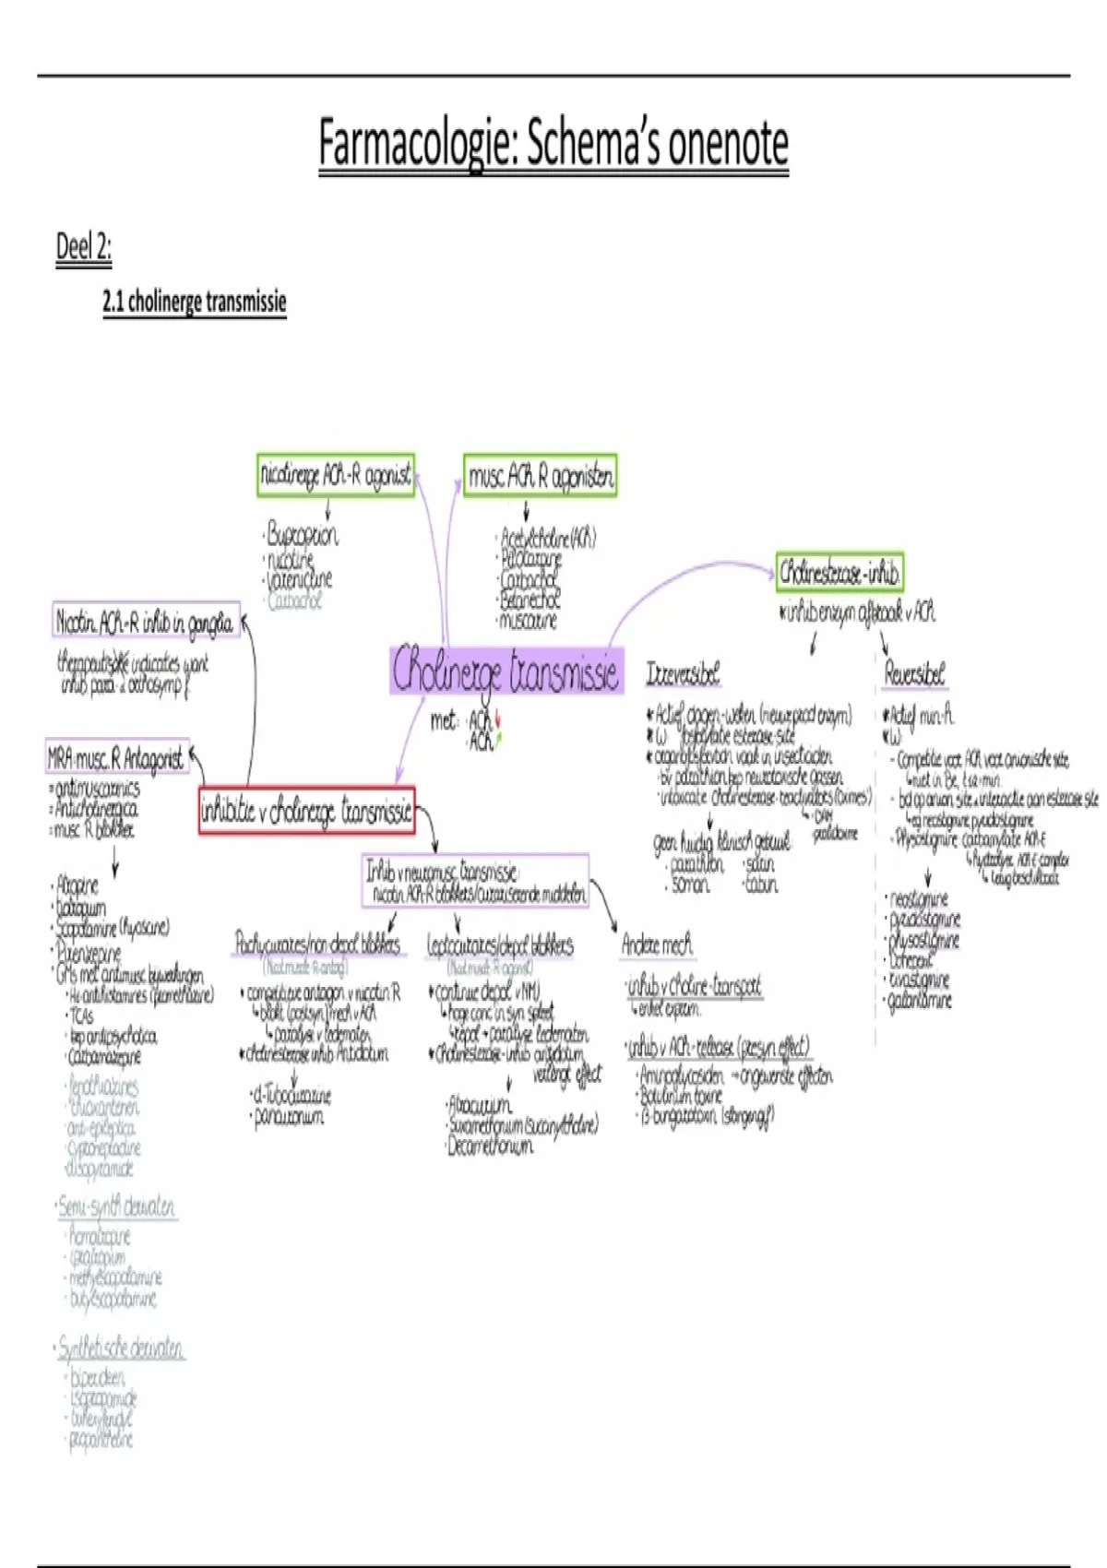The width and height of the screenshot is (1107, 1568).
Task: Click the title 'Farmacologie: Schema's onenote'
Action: [x=553, y=144]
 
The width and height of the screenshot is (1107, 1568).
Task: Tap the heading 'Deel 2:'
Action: [x=83, y=247]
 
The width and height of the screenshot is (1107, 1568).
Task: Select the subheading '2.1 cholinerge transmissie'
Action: [x=194, y=302]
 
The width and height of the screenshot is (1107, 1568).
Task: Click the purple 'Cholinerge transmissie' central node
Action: [x=506, y=671]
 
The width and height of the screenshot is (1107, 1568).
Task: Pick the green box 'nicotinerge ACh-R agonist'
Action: [x=336, y=475]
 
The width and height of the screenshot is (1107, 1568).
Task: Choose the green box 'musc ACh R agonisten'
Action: [x=540, y=476]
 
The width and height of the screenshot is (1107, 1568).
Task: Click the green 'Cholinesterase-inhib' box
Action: [x=839, y=573]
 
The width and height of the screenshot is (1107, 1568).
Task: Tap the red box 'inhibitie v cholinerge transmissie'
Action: [x=306, y=812]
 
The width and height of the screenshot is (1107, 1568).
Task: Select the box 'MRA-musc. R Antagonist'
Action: [x=116, y=758]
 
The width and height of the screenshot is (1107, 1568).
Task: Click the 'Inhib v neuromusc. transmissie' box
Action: [x=476, y=881]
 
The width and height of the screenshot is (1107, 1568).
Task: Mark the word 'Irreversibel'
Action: [x=683, y=674]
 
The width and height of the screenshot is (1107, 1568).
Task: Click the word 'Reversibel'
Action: [x=914, y=674]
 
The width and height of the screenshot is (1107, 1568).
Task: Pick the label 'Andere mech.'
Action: [x=657, y=944]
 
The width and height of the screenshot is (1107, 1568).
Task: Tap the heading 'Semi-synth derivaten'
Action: [x=116, y=1206]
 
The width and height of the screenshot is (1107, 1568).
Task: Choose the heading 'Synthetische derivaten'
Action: [x=121, y=1348]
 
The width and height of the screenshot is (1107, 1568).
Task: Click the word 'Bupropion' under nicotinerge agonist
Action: [x=302, y=535]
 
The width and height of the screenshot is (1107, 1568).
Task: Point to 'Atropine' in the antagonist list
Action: [x=77, y=885]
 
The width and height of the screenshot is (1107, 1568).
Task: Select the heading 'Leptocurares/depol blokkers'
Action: [x=500, y=945]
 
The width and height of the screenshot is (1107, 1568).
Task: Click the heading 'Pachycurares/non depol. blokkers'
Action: [x=317, y=944]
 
